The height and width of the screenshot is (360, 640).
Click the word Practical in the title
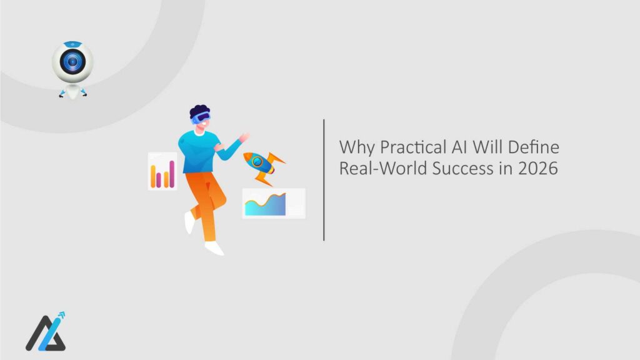398,148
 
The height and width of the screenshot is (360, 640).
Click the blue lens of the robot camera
72,62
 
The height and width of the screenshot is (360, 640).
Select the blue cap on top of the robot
72,44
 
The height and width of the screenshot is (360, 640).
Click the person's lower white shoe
214,248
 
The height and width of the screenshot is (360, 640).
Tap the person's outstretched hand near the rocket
244,137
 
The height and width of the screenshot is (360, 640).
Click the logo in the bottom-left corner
46,333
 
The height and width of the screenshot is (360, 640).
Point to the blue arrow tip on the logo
61,316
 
